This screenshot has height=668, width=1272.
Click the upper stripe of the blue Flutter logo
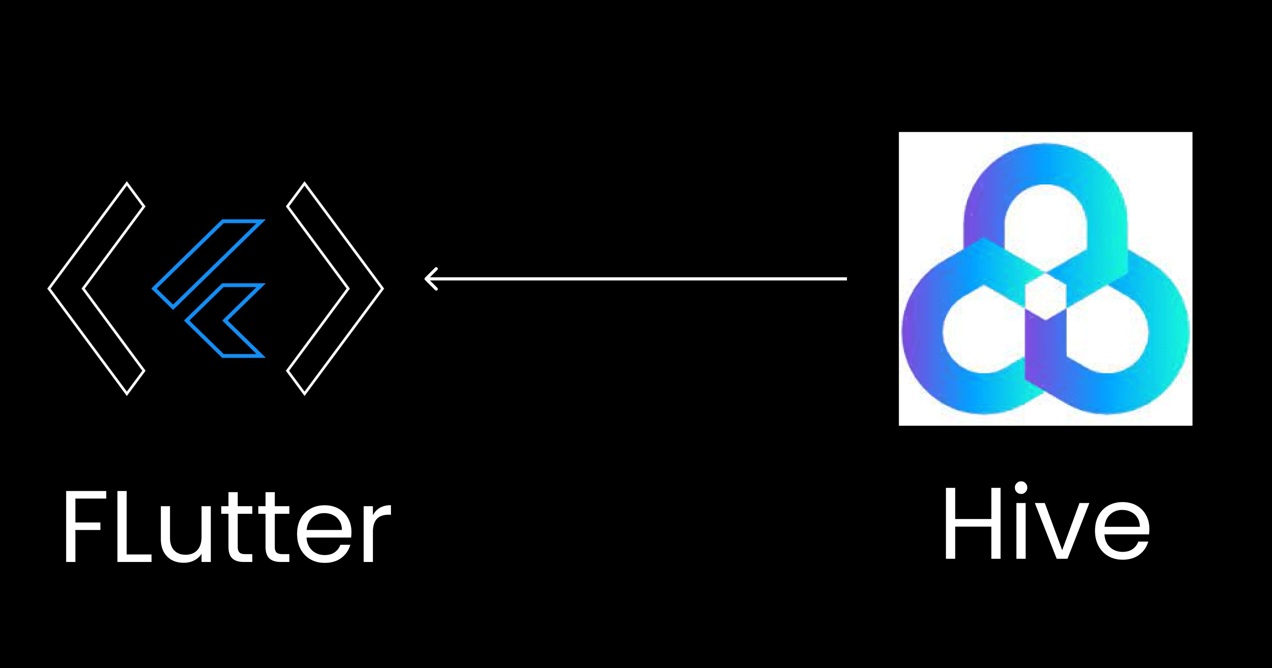coord(208,264)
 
